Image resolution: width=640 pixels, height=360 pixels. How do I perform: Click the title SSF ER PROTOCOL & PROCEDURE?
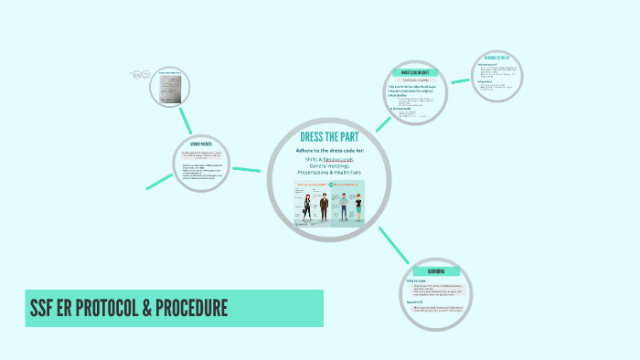pos(128,308)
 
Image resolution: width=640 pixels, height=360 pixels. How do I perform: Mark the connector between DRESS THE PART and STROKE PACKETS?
pos(248,169)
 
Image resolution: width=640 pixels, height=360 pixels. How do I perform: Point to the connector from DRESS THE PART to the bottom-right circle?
pos(393,244)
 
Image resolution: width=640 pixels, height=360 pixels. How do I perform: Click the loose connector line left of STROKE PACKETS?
pos(160,181)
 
